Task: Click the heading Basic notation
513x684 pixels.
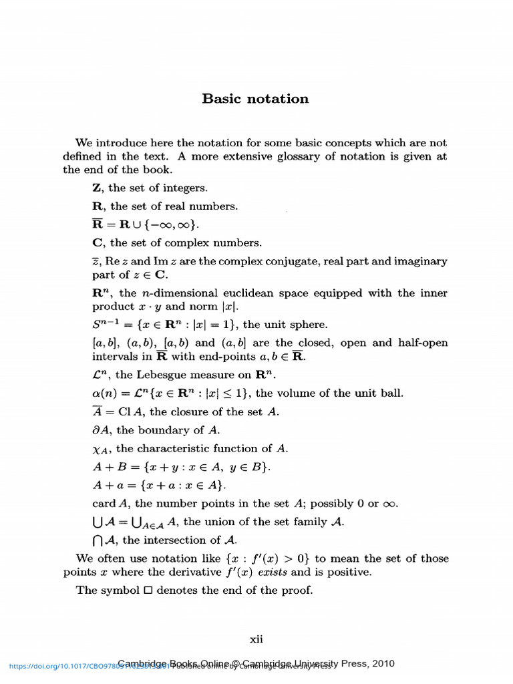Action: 256,99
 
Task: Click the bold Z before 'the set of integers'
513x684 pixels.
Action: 97,188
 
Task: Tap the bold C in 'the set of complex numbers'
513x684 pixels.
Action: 98,242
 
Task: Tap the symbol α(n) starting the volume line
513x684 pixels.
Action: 104,393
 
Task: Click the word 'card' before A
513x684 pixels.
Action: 104,504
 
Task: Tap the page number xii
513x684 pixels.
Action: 256,639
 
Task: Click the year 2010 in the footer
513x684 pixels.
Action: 381,663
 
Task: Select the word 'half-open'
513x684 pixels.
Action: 422,343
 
